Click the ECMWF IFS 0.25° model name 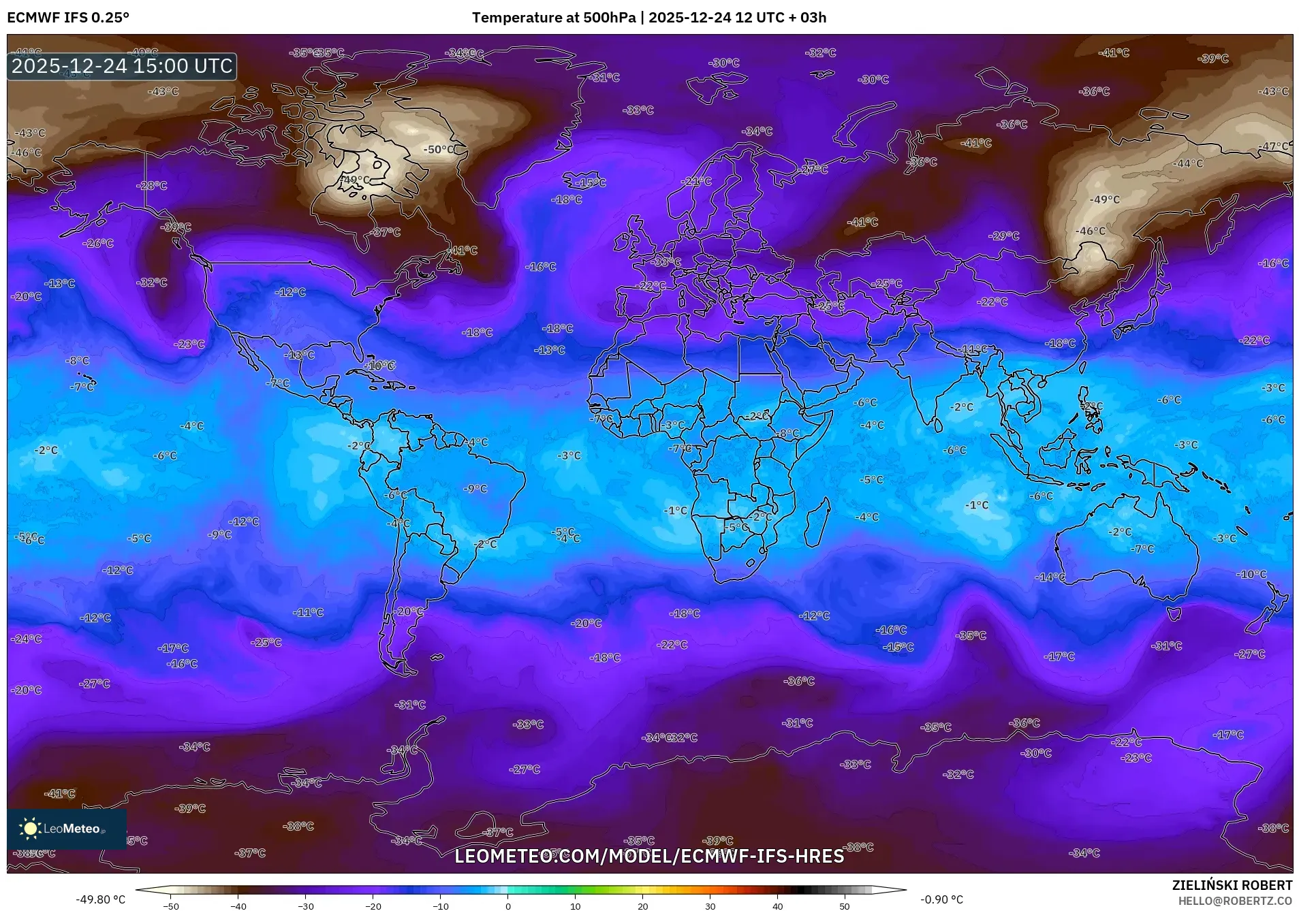[68, 18]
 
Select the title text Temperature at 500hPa [553, 18]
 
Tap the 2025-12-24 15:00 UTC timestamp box [122, 67]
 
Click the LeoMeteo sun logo [30, 828]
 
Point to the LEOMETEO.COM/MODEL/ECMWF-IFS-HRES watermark [649, 856]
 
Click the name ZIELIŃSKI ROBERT [1232, 885]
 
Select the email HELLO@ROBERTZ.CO [1235, 901]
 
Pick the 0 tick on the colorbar [507, 906]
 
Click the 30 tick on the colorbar [710, 906]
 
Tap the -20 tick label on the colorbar [373, 906]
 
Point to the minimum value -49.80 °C [100, 899]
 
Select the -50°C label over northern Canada [440, 150]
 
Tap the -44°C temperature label [1188, 163]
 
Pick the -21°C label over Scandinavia [696, 182]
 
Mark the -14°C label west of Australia [1050, 577]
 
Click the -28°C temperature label [151, 185]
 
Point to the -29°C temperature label [1004, 236]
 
